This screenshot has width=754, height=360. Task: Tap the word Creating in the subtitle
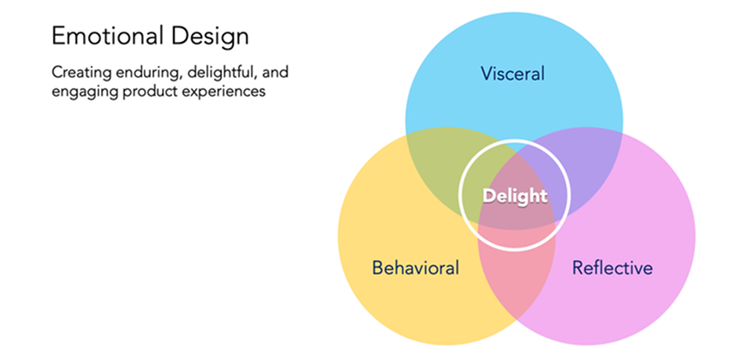(x=78, y=74)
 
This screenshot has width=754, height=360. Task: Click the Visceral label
(x=512, y=74)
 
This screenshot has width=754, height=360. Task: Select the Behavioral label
(x=416, y=267)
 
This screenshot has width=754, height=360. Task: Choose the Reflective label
(x=612, y=267)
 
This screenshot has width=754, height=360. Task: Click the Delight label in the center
(x=515, y=196)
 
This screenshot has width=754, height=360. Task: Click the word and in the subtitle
(x=274, y=74)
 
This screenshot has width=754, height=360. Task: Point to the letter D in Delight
(x=488, y=196)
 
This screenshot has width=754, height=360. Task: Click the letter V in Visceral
(x=487, y=74)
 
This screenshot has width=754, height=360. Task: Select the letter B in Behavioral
(x=379, y=267)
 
